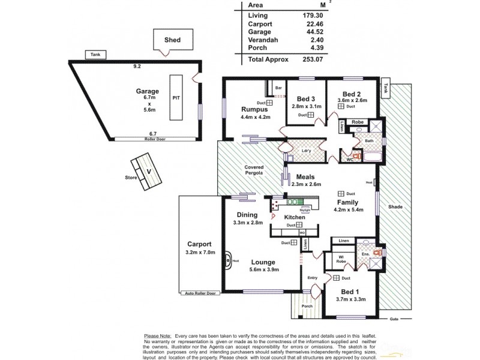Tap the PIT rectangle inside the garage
(176, 96)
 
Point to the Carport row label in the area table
(260, 24)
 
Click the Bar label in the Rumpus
(278, 88)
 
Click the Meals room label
(306, 177)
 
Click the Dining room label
(247, 215)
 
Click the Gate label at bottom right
(394, 318)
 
